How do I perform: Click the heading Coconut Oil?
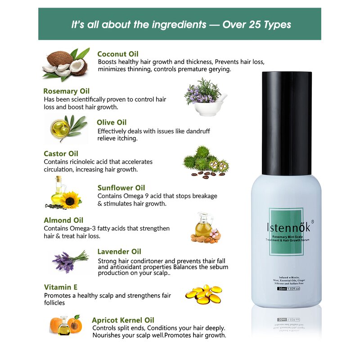pos(118,54)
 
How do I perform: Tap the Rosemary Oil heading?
pos(66,91)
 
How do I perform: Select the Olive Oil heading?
pos(112,122)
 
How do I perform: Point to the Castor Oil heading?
pos(61,154)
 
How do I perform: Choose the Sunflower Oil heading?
pos(121,188)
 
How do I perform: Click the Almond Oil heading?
pos(63,220)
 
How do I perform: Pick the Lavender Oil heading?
pos(119,252)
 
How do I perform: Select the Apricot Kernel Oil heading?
pos(123,320)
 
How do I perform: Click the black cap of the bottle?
pos(287,123)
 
